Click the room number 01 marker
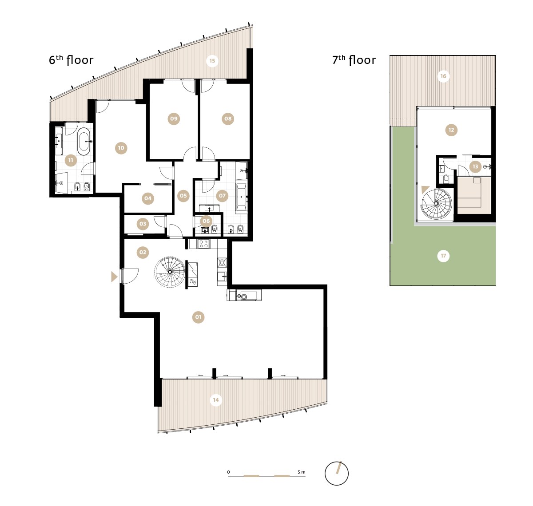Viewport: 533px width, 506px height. click(198, 317)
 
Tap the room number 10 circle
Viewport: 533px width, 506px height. click(121, 148)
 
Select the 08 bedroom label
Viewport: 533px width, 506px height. click(228, 119)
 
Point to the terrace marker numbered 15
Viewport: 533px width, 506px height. click(212, 61)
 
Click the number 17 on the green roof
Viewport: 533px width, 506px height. click(443, 256)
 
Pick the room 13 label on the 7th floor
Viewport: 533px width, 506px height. click(475, 166)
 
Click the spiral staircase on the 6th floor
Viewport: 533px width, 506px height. click(170, 272)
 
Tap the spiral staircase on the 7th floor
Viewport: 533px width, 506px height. click(436, 203)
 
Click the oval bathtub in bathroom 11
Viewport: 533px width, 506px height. click(84, 142)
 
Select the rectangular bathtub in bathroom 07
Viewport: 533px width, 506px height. click(241, 197)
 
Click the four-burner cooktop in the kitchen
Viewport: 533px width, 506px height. click(203, 244)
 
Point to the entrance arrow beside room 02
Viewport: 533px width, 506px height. click(114, 277)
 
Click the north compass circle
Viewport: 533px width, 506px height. click(336, 474)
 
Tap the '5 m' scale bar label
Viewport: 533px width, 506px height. click(301, 472)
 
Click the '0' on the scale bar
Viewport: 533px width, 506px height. click(229, 472)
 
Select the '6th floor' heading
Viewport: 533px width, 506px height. click(71, 60)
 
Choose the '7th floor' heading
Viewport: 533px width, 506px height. click(354, 60)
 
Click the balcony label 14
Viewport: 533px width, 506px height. click(216, 400)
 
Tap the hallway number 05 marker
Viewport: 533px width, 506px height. click(183, 196)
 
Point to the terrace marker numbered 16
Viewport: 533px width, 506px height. click(443, 76)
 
